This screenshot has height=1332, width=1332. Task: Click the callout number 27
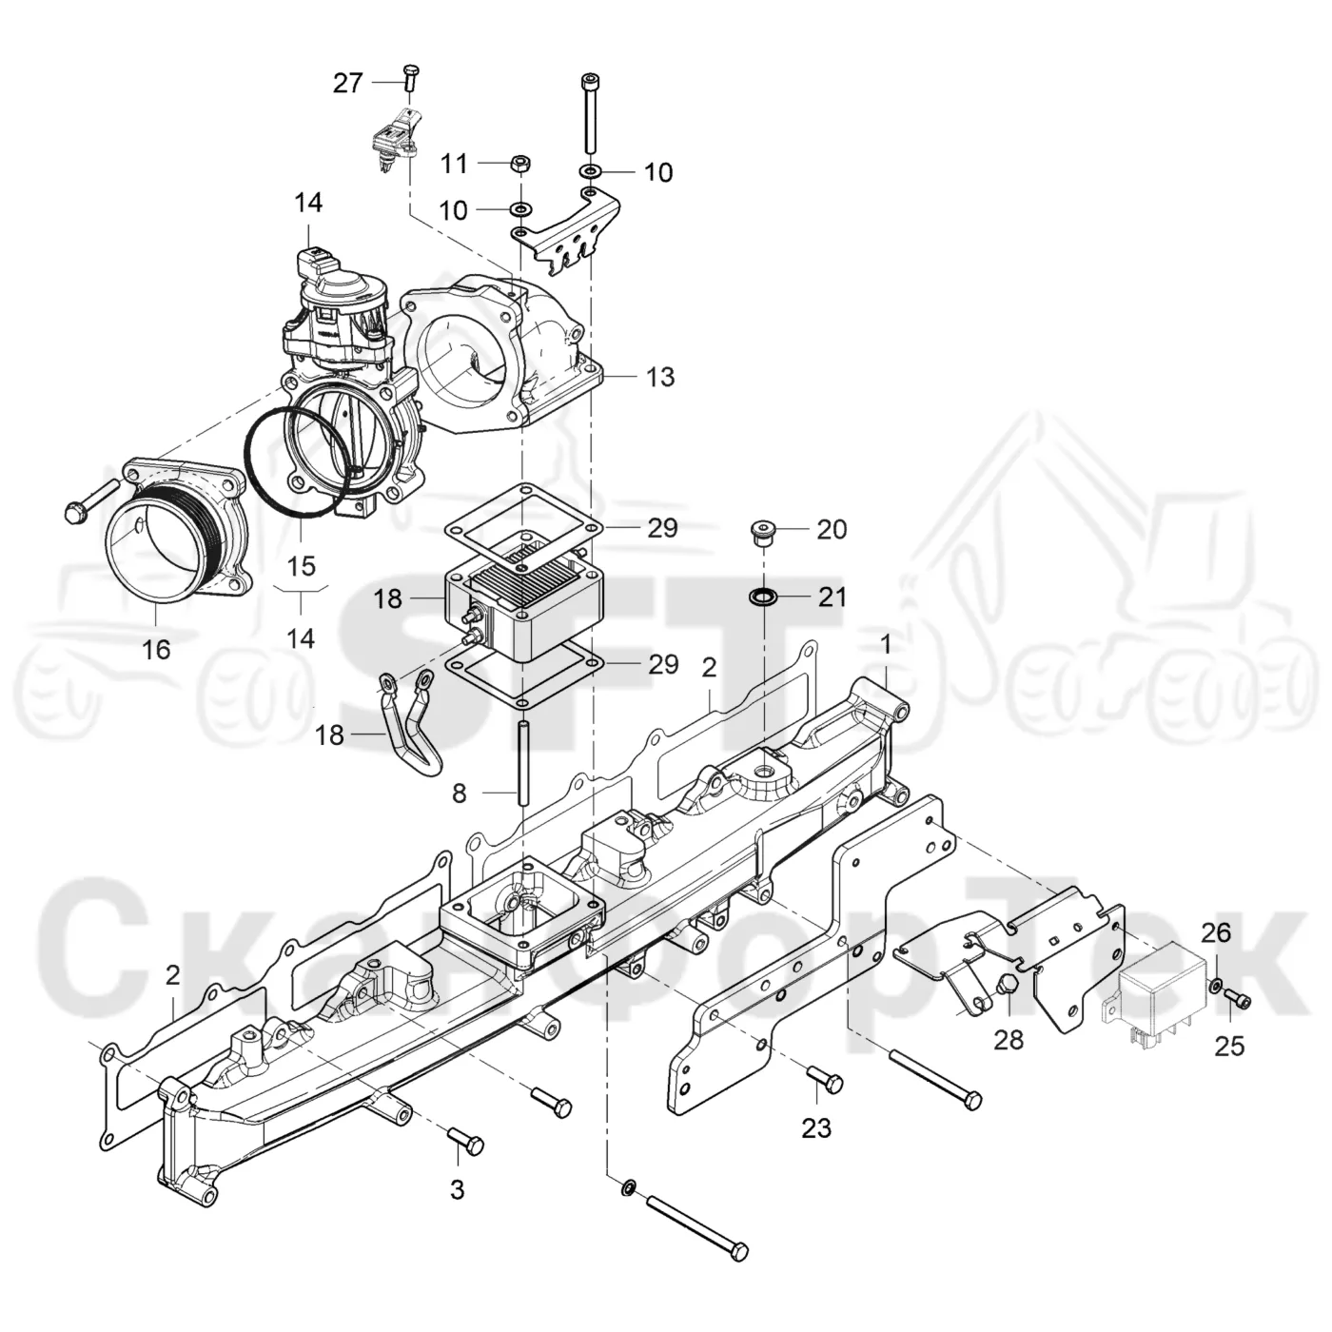(347, 83)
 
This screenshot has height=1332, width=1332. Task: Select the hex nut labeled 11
(519, 166)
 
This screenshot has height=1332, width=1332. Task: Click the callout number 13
(660, 377)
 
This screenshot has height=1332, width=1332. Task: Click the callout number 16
(156, 649)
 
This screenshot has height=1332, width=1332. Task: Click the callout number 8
(460, 793)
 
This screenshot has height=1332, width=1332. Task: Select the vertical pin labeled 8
(522, 762)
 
